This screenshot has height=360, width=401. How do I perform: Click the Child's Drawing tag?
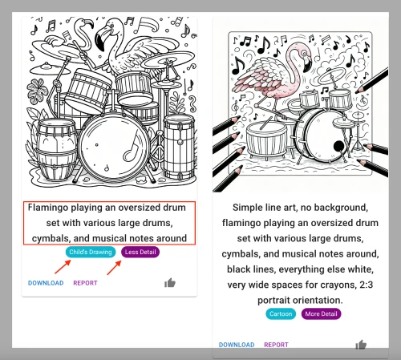coord(91,253)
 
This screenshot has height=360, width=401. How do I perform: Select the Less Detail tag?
coord(140,253)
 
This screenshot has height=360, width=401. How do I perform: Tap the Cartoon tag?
coord(280,313)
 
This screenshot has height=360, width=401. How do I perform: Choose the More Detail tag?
coord(322,313)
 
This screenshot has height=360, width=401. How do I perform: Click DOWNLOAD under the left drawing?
coord(46,283)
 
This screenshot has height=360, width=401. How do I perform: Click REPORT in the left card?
coord(85,283)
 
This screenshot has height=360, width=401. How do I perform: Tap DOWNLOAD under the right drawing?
coord(237,345)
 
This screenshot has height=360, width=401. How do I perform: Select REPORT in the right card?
coord(276,345)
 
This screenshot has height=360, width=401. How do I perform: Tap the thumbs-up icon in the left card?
coord(170,283)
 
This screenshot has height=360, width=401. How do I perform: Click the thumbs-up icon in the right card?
coord(361,345)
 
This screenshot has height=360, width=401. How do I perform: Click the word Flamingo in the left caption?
coord(52,207)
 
